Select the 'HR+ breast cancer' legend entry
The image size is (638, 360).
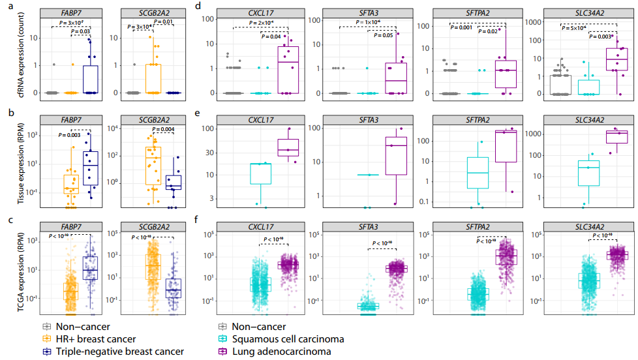[x=98, y=338]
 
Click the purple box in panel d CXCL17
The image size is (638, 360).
[x=288, y=70]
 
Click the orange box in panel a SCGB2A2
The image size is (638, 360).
[x=153, y=78]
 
